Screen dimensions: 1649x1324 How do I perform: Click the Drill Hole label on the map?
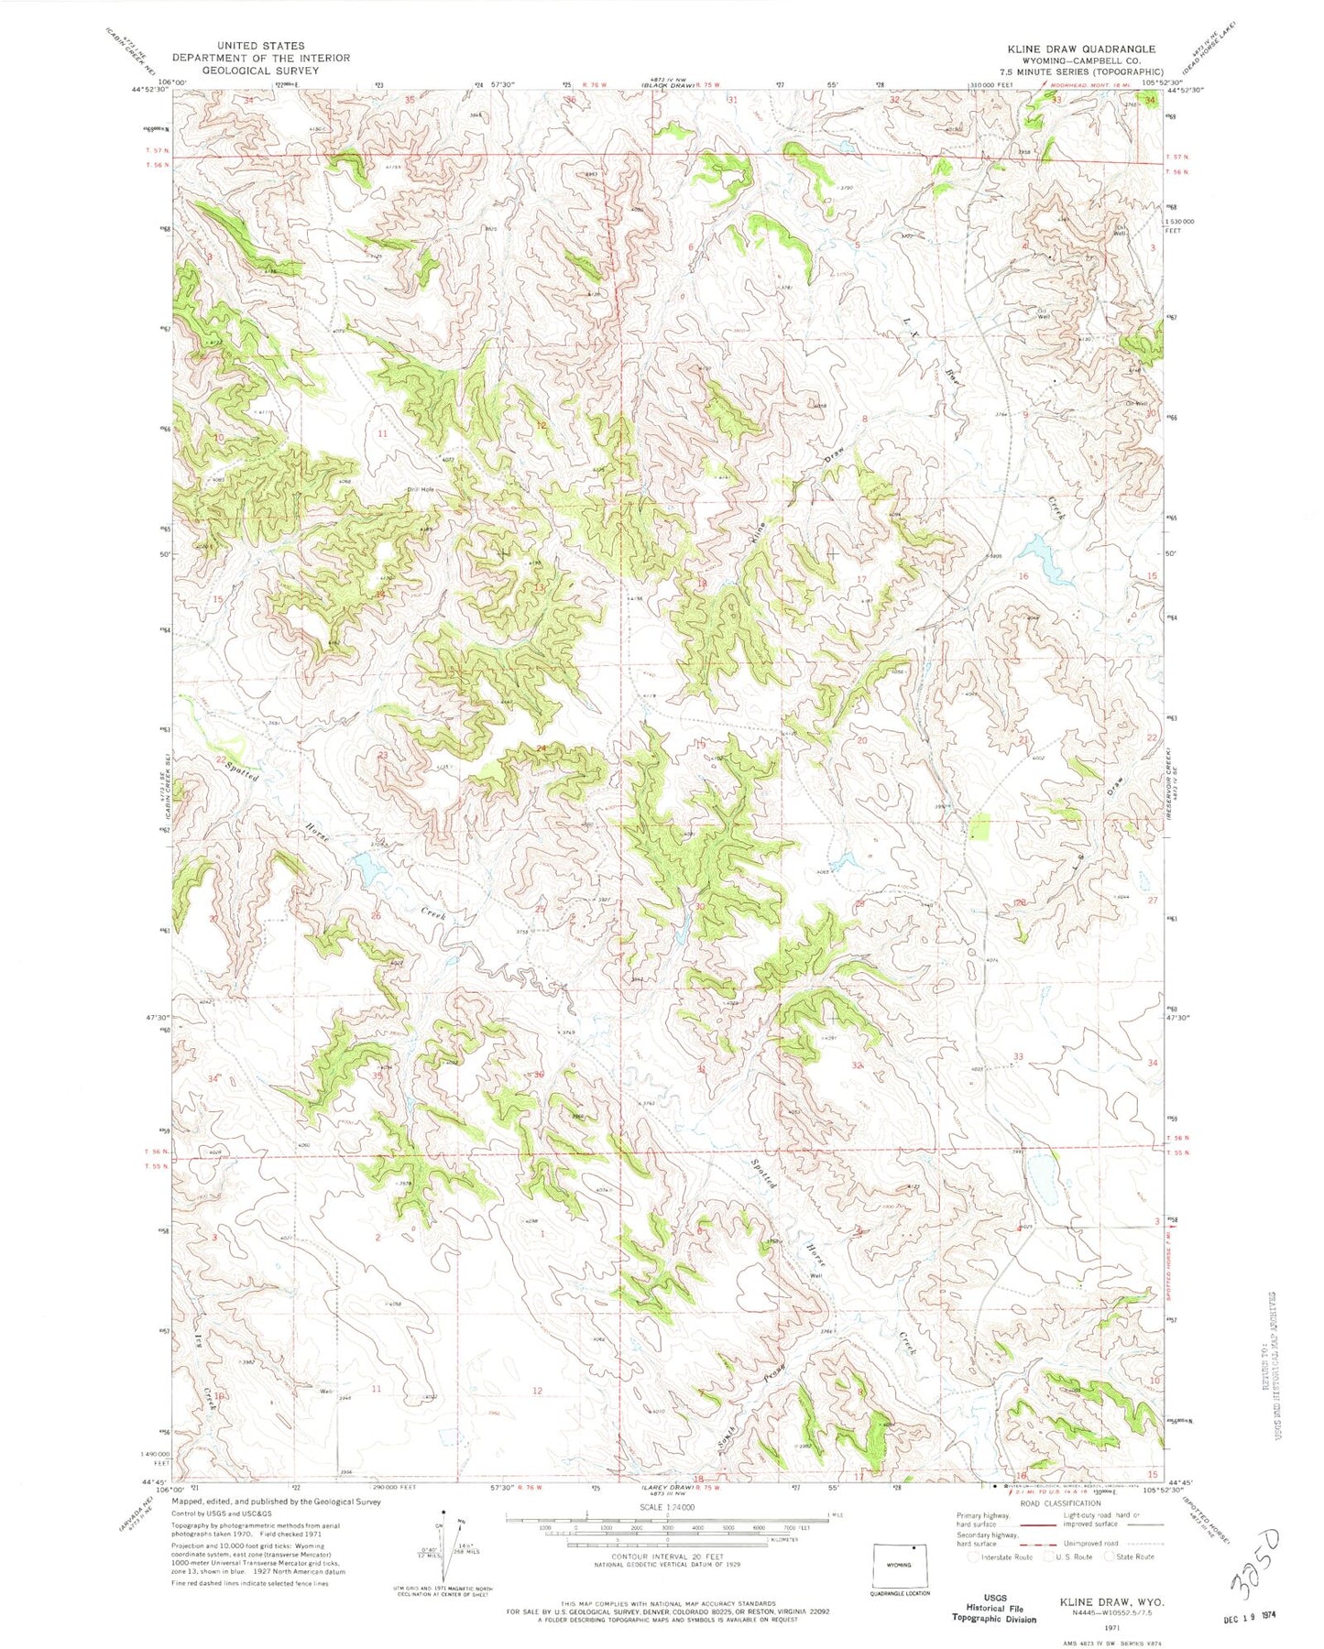(x=421, y=490)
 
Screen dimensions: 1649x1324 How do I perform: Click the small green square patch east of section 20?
(x=981, y=826)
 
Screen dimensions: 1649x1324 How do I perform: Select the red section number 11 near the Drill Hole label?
(x=382, y=432)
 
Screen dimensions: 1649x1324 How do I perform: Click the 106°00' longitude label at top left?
(x=150, y=82)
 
